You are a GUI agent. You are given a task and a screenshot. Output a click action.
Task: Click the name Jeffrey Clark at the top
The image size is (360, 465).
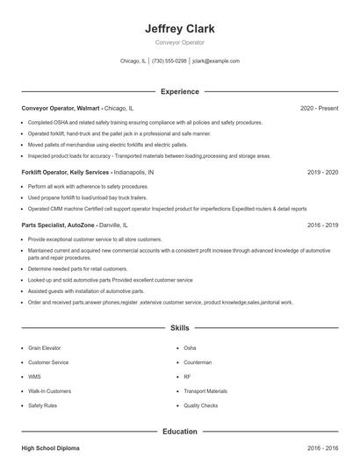[179, 29]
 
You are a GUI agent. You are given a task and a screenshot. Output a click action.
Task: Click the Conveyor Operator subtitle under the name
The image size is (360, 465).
[179, 42]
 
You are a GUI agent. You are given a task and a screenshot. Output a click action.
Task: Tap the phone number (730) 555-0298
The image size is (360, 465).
[169, 61]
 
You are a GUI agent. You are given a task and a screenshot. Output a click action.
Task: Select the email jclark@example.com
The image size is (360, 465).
[215, 61]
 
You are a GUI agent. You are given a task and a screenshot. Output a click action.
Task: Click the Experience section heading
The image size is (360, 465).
[179, 91]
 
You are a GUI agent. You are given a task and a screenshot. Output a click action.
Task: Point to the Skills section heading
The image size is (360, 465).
[179, 328]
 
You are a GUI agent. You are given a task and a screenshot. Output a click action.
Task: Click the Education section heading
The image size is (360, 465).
[179, 432]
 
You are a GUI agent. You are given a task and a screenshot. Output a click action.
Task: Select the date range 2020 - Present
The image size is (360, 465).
[319, 108]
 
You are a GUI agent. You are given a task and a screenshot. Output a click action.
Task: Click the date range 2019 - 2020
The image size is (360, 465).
[322, 173]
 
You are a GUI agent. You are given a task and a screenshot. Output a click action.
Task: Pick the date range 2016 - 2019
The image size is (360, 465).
[322, 225]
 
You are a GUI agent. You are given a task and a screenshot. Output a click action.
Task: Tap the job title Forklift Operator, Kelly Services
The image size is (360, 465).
[66, 173]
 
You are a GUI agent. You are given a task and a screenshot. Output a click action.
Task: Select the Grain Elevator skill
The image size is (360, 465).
[45, 348]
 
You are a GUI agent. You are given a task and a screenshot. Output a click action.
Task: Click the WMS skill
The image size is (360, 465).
[34, 376]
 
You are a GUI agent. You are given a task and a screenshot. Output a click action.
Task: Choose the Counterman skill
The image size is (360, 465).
[198, 362]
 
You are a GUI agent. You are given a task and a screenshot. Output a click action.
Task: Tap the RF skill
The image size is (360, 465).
[187, 376]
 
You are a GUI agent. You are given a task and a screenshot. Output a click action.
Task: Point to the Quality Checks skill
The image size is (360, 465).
[201, 405]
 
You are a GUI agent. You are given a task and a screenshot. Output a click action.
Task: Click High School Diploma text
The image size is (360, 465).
[50, 448]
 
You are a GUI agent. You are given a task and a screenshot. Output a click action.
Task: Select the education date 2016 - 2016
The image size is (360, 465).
[322, 448]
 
